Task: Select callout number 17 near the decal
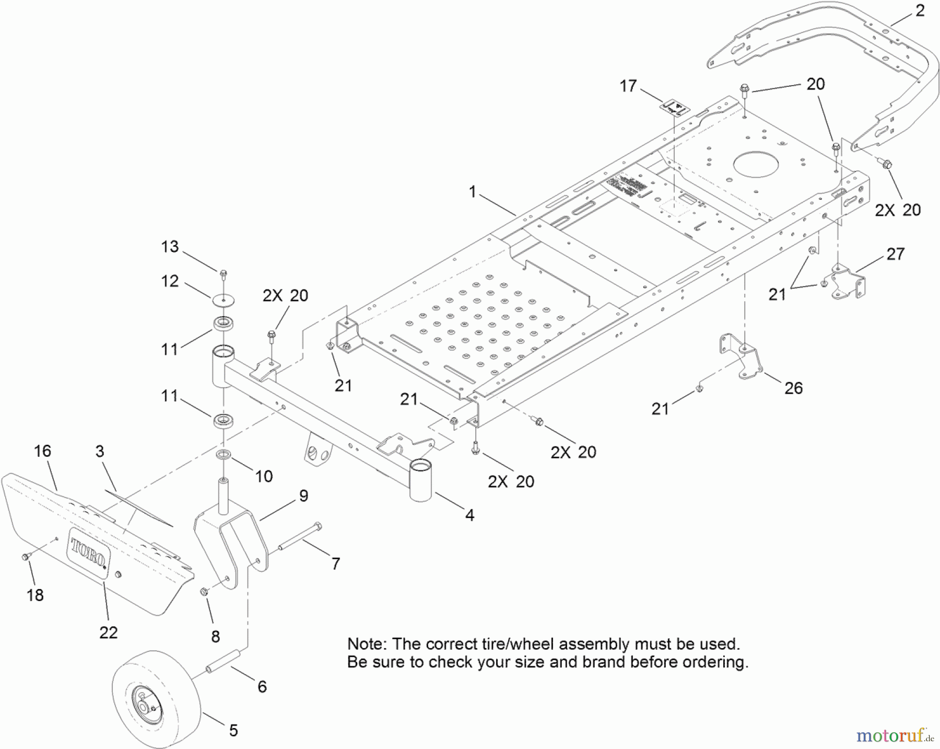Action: [628, 86]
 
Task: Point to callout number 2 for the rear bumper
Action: [920, 11]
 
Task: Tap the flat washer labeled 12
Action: [224, 301]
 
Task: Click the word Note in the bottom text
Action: [367, 644]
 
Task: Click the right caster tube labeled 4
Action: [421, 481]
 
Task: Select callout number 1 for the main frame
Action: [472, 192]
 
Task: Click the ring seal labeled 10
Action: [224, 453]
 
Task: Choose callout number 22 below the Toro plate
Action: [108, 632]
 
